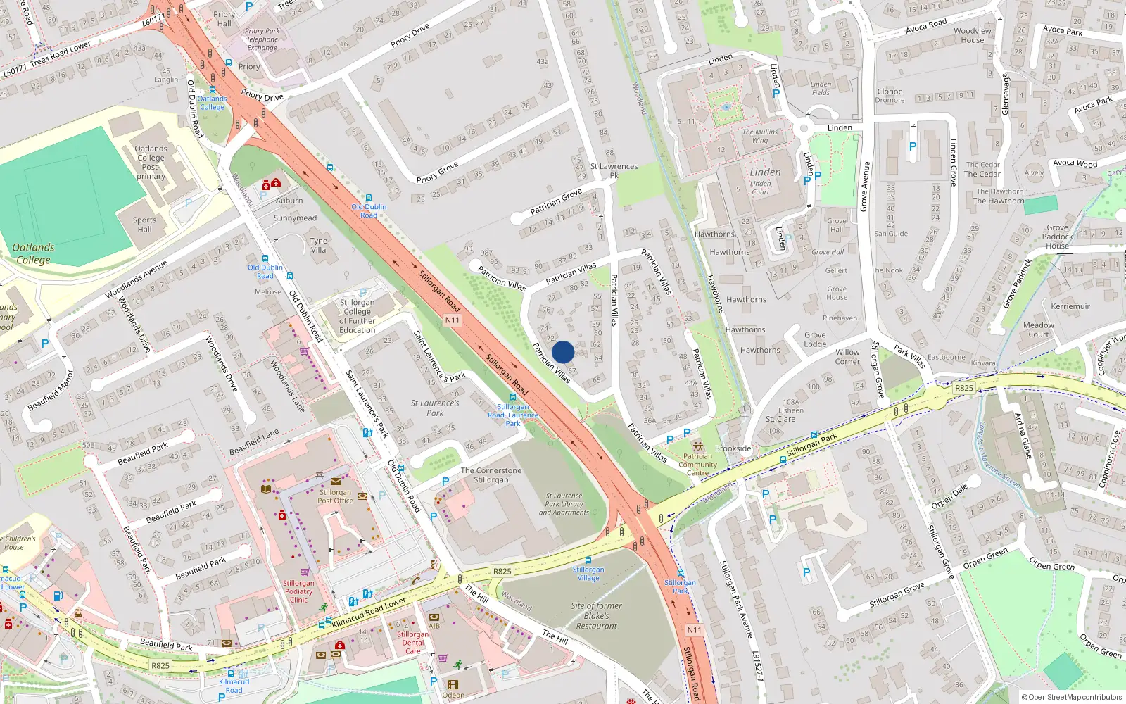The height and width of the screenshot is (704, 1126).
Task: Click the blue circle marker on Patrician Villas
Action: coord(563,352)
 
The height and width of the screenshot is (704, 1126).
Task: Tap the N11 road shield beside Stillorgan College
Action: coord(452,320)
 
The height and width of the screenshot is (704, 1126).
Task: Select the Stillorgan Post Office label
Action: coord(335,497)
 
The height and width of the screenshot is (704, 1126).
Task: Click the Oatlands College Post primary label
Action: coord(151,163)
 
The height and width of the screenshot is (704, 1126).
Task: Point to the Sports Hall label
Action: coord(144,225)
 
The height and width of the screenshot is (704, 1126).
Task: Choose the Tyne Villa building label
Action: coord(318,245)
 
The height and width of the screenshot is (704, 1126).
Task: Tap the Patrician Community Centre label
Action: coord(697,464)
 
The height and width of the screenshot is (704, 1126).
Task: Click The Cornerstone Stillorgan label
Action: coord(491,475)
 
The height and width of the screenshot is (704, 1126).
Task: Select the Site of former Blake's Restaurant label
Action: coord(596,615)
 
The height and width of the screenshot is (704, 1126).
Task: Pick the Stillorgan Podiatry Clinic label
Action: coord(298,591)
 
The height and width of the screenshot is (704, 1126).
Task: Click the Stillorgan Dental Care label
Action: coord(412,643)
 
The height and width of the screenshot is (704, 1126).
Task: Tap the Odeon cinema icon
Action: coord(453,684)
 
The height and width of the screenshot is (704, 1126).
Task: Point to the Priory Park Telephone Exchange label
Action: coord(262,39)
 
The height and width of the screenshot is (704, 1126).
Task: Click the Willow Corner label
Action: coord(847,357)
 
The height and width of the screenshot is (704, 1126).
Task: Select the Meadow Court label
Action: coord(1039,329)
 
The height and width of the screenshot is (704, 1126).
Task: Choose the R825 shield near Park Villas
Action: coord(963,388)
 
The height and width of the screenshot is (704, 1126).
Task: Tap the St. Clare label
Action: coord(780,419)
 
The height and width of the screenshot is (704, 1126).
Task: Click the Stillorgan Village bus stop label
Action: coord(588,574)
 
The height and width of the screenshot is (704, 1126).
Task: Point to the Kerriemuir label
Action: coord(1070,306)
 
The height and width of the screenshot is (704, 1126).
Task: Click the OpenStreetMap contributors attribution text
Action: coord(1072,697)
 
